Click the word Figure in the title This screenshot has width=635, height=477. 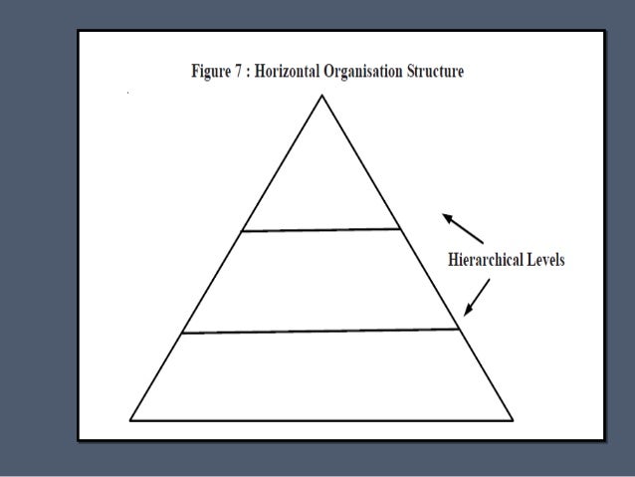[x=213, y=73]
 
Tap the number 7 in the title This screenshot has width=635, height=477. [x=245, y=73]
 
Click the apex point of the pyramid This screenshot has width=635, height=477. [x=321, y=97]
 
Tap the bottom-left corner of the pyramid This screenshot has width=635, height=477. [x=131, y=419]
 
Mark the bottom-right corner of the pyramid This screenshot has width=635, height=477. [x=513, y=419]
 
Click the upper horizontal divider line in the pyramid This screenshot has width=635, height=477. [x=321, y=230]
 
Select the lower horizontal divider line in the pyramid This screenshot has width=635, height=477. [x=321, y=331]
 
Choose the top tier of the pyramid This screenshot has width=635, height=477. [x=321, y=179]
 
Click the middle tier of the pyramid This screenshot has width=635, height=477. [x=321, y=281]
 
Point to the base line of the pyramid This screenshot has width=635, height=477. [x=321, y=419]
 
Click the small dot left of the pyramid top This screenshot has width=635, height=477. [x=128, y=92]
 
